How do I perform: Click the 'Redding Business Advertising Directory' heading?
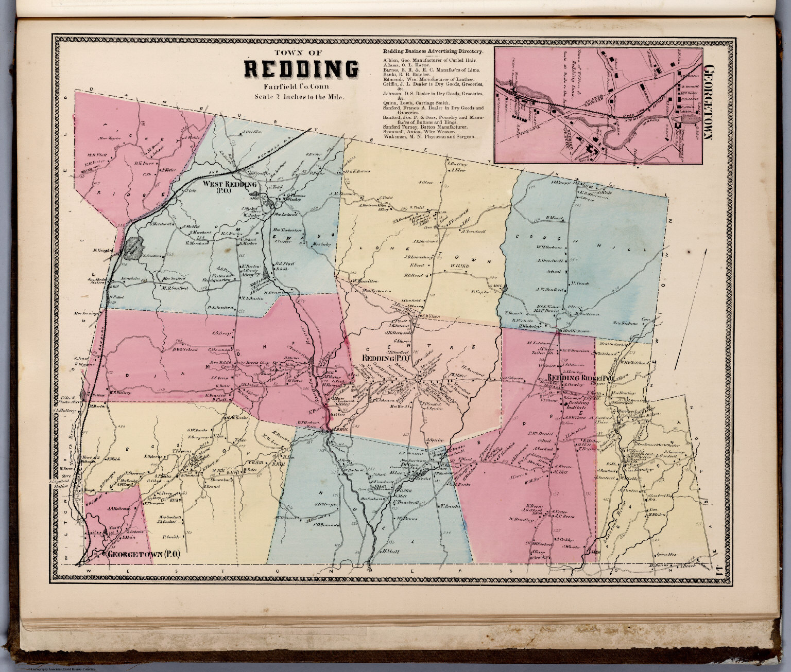[433, 52]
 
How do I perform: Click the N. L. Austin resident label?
[252, 298]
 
